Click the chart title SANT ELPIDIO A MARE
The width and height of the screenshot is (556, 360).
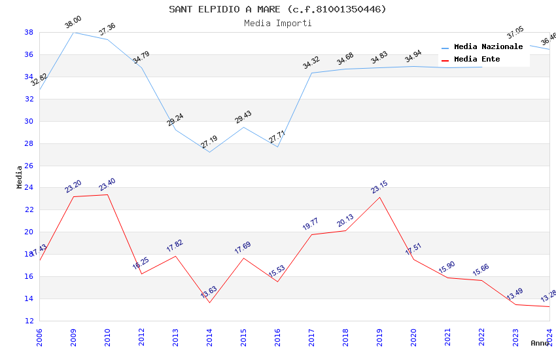pos(277,9)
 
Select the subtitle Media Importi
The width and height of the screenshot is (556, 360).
pos(277,23)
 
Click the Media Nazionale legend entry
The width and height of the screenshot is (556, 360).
pos(488,46)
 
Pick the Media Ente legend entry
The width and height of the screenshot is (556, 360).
pos(477,59)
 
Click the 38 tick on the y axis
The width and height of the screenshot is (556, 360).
pos(29,32)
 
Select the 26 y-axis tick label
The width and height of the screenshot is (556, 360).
pos(29,166)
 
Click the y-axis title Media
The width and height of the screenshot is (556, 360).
pos(20,177)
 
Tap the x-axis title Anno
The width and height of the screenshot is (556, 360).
pos(540,343)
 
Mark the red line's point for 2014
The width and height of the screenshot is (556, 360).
pos(209,302)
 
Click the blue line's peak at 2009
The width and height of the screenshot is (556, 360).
pos(73,32)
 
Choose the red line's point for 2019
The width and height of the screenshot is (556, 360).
pos(379,197)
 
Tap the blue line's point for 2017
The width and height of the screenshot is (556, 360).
pos(311,73)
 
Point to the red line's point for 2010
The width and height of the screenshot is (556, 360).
pos(107,194)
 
